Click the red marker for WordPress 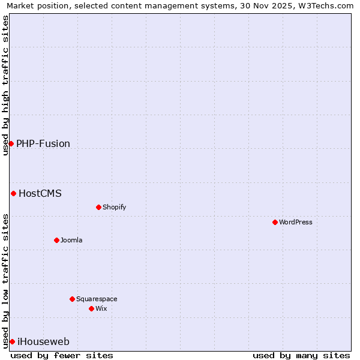pos(275,222)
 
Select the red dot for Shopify pos(98,207)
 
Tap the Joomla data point pos(56,240)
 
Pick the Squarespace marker pos(72,299)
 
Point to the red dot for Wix pos(91,308)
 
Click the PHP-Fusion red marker pos(11,143)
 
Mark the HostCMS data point pos(13,193)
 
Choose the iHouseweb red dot pos(12,341)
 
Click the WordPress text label pos(296,222)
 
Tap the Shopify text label pos(114,207)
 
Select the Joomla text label pos(71,240)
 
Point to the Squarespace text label pos(97,299)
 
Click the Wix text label pos(101,308)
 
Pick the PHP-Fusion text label pos(43,143)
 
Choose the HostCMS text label pos(40,193)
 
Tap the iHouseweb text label pos(43,341)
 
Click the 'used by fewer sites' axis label pos(62,355)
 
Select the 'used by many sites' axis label pos(301,355)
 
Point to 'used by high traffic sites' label pos(6,85)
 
